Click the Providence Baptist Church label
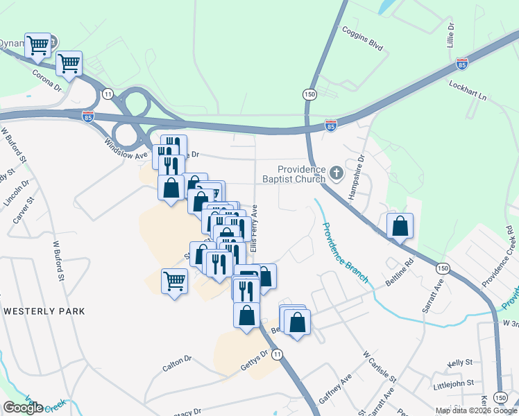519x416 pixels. tap(301, 174)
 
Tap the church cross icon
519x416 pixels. tap(337, 173)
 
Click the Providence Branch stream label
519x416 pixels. tap(345, 251)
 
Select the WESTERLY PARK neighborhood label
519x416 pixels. tap(44, 311)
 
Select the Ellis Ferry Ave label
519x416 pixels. tap(255, 228)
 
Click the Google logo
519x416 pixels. tap(23, 407)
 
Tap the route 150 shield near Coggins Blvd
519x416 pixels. tap(309, 94)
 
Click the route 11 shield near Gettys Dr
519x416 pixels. tap(278, 354)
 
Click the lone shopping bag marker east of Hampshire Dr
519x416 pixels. tap(400, 227)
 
